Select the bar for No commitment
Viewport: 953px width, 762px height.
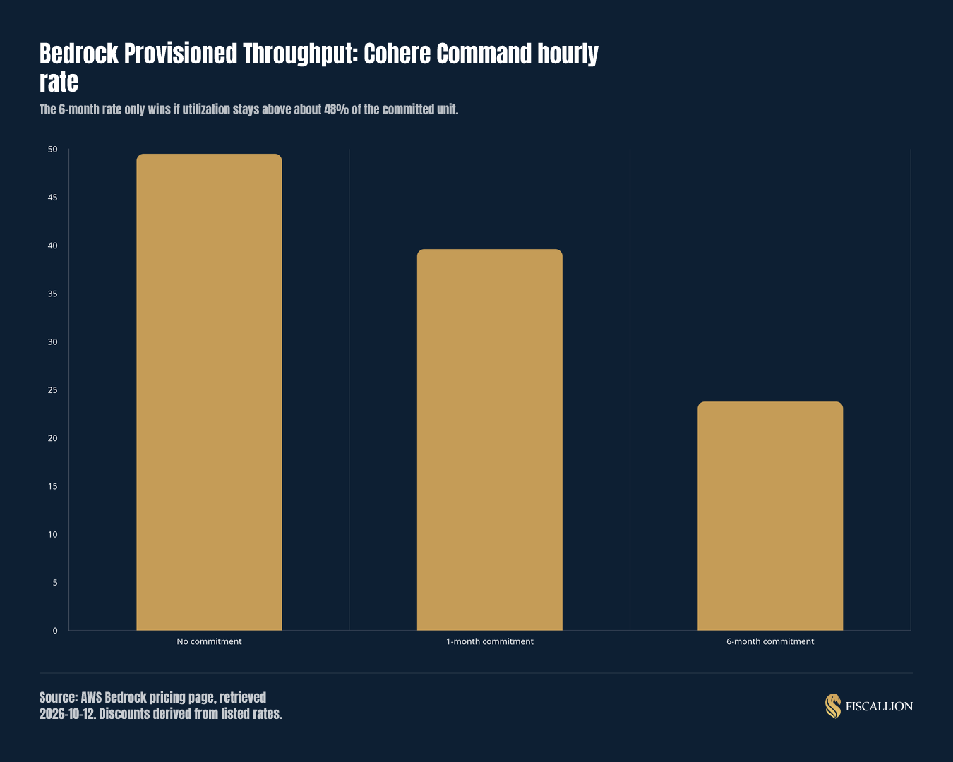(x=209, y=392)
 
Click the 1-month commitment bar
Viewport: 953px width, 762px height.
(x=489, y=440)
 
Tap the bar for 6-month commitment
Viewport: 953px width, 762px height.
(x=770, y=516)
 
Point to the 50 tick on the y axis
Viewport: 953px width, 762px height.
(x=53, y=149)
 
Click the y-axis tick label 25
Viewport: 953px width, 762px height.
(x=53, y=390)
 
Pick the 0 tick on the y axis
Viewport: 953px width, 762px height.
(x=55, y=631)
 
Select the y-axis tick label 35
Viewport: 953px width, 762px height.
(x=53, y=294)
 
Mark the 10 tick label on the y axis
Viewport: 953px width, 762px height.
(x=53, y=534)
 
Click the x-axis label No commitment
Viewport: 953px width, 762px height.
(x=209, y=641)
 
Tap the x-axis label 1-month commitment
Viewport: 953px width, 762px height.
(x=489, y=641)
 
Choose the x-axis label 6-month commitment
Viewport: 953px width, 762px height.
(x=770, y=641)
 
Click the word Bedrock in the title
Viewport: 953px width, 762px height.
(x=79, y=54)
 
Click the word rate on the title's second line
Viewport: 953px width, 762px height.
(x=59, y=82)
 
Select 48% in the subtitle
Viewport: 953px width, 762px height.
(x=336, y=109)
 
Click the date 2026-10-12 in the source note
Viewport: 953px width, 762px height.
(x=67, y=714)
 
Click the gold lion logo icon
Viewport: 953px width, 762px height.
(x=833, y=706)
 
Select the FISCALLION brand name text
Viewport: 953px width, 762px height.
(x=879, y=706)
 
